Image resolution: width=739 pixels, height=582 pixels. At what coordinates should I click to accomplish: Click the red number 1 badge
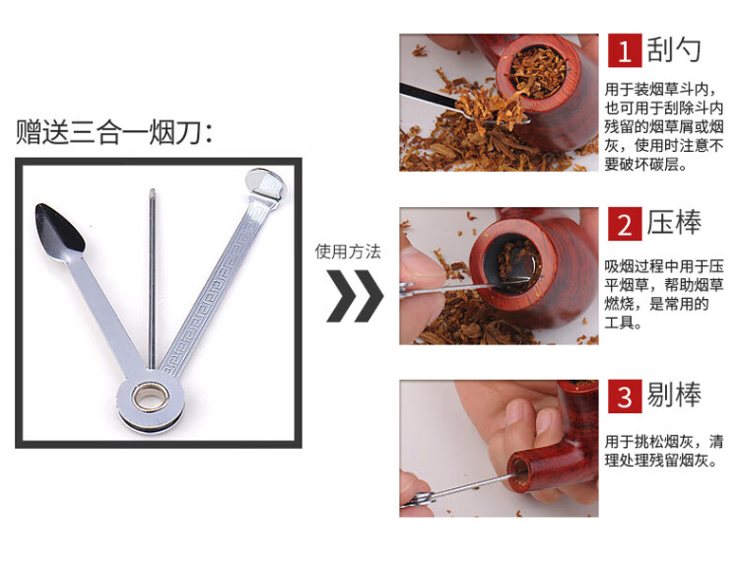pos(625,50)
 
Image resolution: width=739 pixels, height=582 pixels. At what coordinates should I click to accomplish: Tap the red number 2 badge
pos(625,224)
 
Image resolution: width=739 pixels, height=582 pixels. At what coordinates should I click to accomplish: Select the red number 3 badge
pos(625,397)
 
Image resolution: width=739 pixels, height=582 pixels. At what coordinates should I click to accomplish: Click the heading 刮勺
pos(674,50)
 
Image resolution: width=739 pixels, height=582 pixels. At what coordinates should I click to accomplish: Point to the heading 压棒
pos(674,223)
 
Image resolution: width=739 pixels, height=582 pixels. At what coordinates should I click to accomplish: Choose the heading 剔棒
pos(674,396)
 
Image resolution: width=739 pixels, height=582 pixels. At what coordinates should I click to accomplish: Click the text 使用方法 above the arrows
pos(348,252)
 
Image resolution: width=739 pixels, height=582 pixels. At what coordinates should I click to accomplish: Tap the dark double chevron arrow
pos(355,296)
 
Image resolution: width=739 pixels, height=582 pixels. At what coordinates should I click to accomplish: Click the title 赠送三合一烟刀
pos(114,132)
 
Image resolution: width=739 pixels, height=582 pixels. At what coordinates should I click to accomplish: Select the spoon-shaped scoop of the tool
pos(59,228)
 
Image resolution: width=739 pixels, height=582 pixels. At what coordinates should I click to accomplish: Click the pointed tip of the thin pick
pos(152,190)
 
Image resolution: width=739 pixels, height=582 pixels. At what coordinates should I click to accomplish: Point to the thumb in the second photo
pos(421,264)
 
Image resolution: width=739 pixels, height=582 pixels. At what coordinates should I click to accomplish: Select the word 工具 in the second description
pos(619,323)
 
